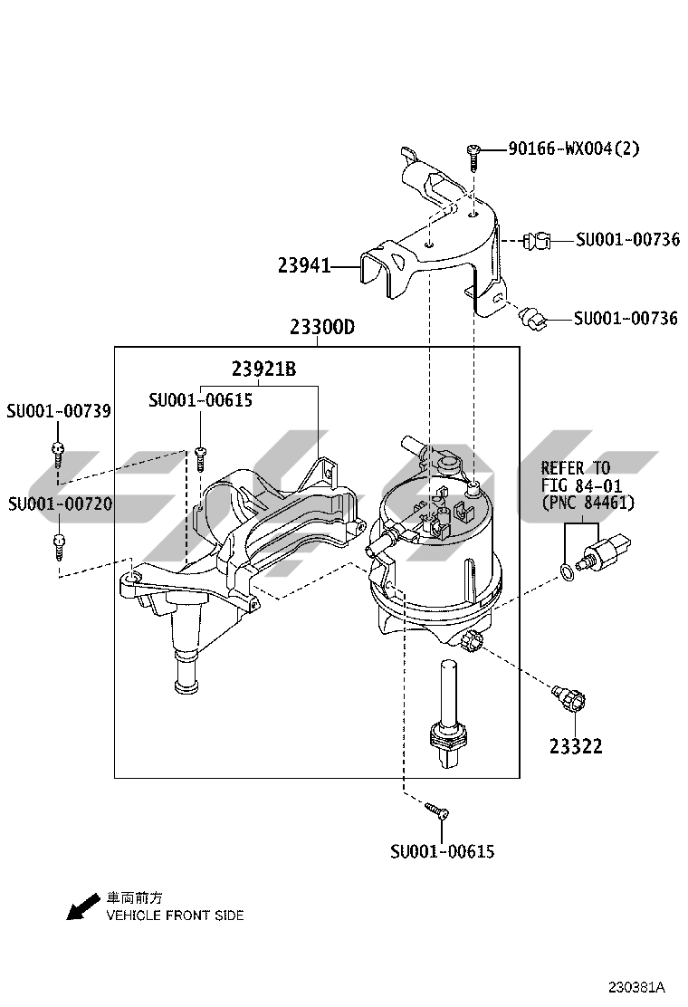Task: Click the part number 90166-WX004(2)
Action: (573, 148)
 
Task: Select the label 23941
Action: (304, 266)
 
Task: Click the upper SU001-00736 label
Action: (627, 239)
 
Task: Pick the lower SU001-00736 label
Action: (626, 318)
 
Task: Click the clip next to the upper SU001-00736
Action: (538, 241)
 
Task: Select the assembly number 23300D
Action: (321, 328)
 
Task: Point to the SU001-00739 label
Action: (59, 411)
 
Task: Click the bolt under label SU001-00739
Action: (58, 452)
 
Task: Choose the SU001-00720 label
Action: (59, 503)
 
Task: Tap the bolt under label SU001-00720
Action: (58, 544)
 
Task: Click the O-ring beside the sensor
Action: (566, 571)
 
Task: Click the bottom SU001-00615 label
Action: (443, 851)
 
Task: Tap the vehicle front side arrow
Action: (82, 906)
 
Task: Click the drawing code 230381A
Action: (635, 986)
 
